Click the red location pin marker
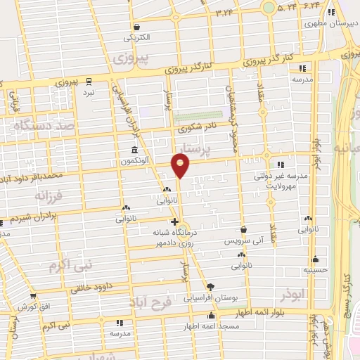(181, 165)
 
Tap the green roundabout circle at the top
(269, 8)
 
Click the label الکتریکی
(136, 37)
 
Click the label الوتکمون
(134, 161)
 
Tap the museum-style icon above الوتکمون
(134, 150)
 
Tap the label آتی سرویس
(243, 240)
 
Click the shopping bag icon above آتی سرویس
(243, 229)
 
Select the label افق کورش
(32, 308)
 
